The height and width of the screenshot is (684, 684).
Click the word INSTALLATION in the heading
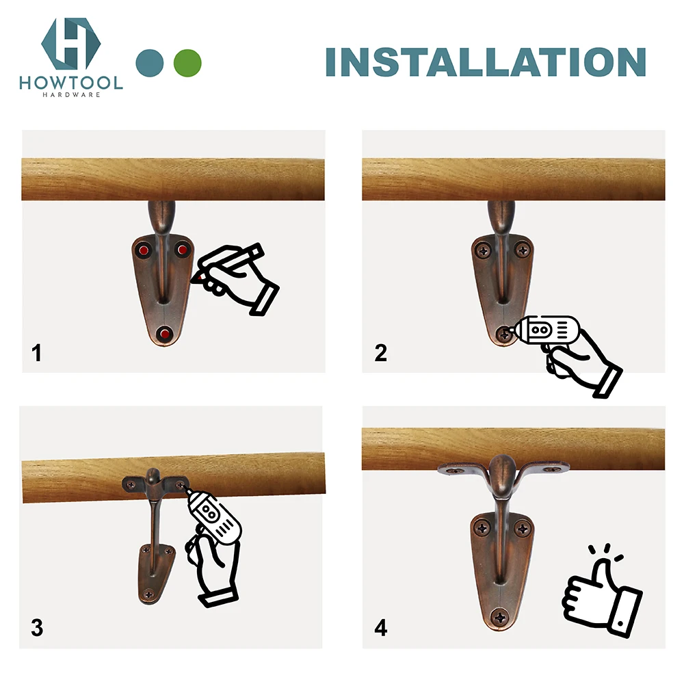click(x=485, y=62)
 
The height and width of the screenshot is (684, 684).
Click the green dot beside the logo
click(x=187, y=62)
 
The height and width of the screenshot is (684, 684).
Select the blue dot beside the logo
click(x=150, y=62)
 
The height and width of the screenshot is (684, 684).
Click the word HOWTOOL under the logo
click(x=71, y=83)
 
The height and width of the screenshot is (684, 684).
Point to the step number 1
click(x=37, y=354)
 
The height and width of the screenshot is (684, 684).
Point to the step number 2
click(x=381, y=354)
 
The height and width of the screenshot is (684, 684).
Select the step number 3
click(x=37, y=627)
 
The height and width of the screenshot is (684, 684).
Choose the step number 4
click(x=381, y=627)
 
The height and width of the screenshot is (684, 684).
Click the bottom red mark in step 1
click(x=163, y=334)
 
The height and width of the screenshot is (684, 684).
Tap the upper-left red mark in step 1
click(x=144, y=250)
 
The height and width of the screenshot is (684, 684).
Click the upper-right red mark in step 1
click(x=182, y=250)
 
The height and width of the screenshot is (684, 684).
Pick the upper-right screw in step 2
click(x=523, y=251)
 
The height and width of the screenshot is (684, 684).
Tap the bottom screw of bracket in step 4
click(x=503, y=618)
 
